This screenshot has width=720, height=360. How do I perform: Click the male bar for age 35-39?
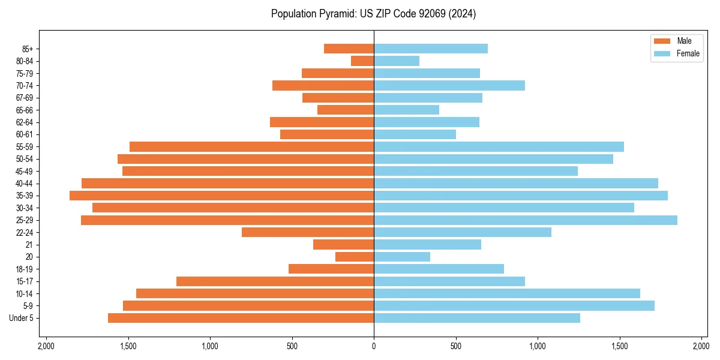click(221, 196)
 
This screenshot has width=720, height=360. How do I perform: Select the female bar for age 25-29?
click(525, 220)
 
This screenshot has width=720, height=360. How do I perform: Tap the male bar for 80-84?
click(362, 61)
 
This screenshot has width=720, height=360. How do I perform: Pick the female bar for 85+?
click(430, 49)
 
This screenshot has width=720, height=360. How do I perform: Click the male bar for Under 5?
click(241, 318)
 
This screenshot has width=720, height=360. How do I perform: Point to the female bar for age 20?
click(401, 257)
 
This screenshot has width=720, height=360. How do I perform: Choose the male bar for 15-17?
click(275, 281)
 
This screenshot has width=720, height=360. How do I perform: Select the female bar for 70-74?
click(449, 85)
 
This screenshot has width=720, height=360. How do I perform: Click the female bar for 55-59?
click(499, 146)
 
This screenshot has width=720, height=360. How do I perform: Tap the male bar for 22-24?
click(308, 232)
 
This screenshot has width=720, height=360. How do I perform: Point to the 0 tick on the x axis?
click(374, 346)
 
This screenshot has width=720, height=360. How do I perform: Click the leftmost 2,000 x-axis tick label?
click(46, 346)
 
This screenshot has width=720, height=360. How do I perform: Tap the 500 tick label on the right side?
click(456, 346)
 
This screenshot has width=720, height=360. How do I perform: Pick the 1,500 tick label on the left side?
click(128, 346)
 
